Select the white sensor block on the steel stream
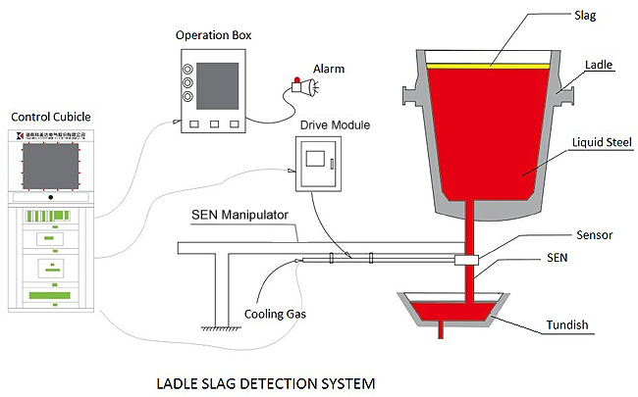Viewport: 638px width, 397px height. click(466, 260)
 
